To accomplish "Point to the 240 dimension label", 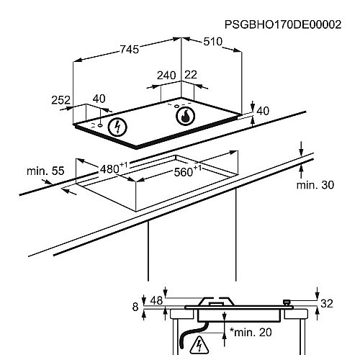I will [167, 76].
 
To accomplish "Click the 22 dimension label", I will [191, 76].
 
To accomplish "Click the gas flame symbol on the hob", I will [186, 115].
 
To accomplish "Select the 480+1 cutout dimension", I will [113, 168].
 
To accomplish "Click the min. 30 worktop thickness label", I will [315, 185].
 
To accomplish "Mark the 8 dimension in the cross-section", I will [135, 307].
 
